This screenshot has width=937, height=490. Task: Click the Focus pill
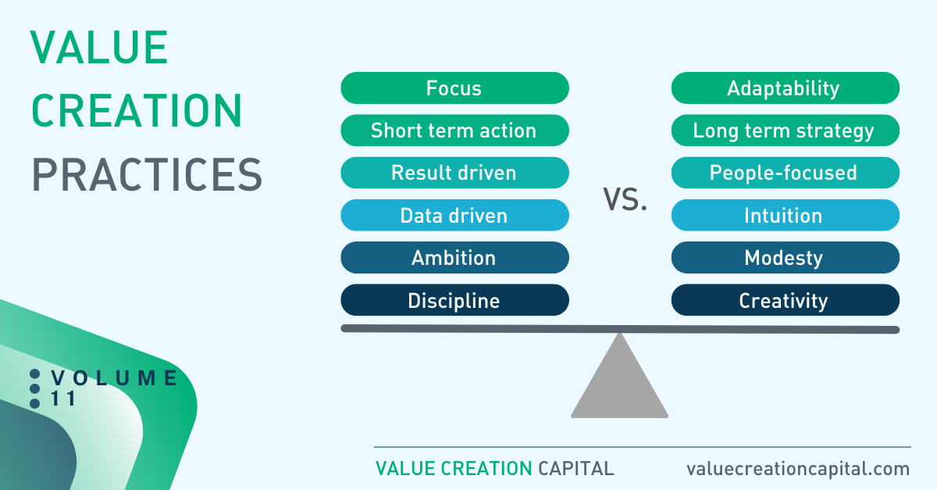click(x=454, y=88)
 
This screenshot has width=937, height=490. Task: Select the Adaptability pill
click(x=786, y=88)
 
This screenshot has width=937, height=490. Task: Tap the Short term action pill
click(x=454, y=131)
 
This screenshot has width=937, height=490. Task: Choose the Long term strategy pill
click(x=786, y=131)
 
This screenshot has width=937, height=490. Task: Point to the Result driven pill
click(x=454, y=173)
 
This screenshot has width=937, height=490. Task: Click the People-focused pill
click(x=786, y=173)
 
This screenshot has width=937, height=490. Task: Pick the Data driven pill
click(x=454, y=215)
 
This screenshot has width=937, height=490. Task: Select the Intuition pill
click(x=786, y=215)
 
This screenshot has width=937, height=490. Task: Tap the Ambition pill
click(x=454, y=258)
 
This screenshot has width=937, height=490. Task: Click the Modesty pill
click(x=786, y=258)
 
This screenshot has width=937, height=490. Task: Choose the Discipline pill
click(x=454, y=300)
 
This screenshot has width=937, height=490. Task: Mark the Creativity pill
click(x=786, y=300)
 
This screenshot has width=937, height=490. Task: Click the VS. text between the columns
click(x=625, y=199)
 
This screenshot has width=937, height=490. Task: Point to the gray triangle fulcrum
click(x=619, y=385)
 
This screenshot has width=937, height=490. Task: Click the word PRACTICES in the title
click(x=147, y=174)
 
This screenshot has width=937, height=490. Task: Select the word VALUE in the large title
click(x=99, y=48)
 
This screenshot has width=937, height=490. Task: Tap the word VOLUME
click(x=114, y=377)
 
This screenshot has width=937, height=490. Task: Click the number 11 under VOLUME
click(x=62, y=399)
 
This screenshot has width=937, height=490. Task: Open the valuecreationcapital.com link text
click(x=798, y=469)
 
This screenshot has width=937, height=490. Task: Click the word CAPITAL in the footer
click(x=576, y=469)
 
